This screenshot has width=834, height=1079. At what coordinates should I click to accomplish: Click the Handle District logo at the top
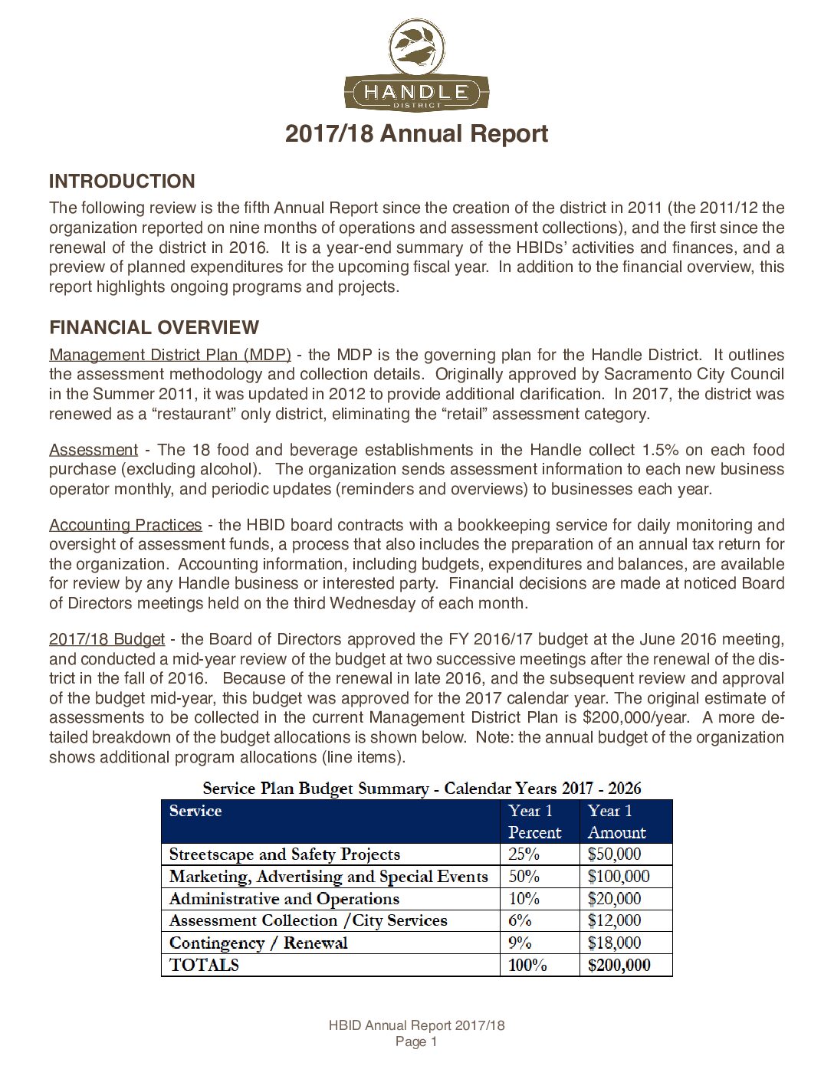pos(416,66)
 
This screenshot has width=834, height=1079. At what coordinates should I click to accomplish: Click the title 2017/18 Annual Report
pos(416,133)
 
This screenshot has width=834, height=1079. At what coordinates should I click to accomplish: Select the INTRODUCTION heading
pos(122,182)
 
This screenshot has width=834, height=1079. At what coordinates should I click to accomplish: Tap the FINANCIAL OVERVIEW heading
pos(154,328)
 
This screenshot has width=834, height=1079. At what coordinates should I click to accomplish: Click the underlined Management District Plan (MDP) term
pos(169,355)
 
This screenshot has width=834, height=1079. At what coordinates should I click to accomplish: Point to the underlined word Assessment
pos(94,450)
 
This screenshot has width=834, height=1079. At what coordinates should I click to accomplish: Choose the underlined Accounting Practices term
pos(126,525)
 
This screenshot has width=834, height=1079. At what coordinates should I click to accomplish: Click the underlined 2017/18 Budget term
pos(107,639)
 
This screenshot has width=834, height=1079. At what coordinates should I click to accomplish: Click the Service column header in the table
pos(195,812)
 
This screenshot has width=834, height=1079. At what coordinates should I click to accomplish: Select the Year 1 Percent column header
pos(534,822)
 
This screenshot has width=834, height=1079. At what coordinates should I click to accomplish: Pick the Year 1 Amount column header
pos(616,822)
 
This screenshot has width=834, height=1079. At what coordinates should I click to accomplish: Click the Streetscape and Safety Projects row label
pos(284,854)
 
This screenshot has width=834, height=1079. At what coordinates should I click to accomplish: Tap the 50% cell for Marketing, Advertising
pos(524,877)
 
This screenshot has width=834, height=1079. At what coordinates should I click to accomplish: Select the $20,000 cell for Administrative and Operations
pos(614,899)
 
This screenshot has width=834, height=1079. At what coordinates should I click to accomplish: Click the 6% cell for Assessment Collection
pos(520,920)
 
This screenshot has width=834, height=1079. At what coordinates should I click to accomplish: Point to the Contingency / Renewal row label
pos(258,943)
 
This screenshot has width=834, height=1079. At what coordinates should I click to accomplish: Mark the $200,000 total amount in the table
pos(619,966)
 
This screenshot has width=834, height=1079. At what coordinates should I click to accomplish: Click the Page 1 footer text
pos(416,1041)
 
